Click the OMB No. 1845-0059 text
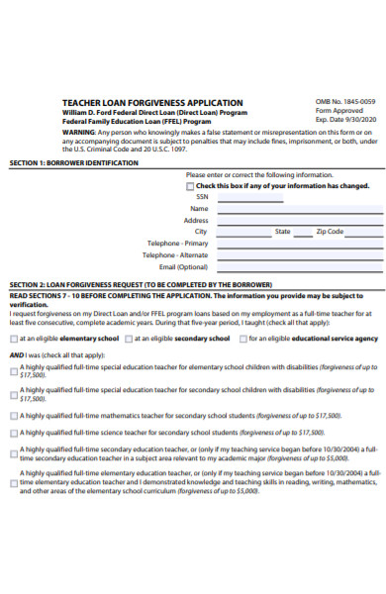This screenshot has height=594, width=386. point(344,102)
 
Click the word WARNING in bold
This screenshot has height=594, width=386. point(79,132)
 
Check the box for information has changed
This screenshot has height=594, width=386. point(191,186)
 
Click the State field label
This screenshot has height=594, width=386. point(282,232)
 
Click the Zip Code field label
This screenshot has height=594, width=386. point(330,232)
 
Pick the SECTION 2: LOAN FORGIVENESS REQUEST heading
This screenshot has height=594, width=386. point(139,284)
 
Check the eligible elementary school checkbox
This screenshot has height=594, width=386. point(14,339)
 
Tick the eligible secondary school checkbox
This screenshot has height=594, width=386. point(129,339)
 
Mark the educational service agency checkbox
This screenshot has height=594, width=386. point(241,339)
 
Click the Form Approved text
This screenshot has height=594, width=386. point(339,112)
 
